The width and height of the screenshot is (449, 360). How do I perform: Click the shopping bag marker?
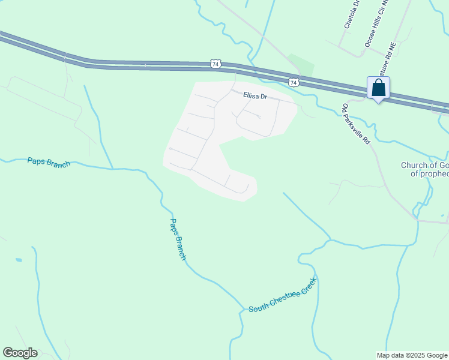coord(378,88)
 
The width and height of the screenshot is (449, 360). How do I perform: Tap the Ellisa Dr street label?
coord(255,95)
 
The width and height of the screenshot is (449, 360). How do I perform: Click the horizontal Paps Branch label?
coord(49,162)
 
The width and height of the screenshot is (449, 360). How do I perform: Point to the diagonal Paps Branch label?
coord(177,239)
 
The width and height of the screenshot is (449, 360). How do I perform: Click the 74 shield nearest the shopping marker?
coord(293,82)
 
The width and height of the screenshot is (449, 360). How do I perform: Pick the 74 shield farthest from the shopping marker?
coord(216,63)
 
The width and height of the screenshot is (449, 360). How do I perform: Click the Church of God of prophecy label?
coord(425,169)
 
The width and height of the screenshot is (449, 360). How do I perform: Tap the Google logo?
coord(20,353)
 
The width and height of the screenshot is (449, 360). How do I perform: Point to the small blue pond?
coord(19,260)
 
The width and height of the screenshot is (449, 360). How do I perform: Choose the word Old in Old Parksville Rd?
coord(345,109)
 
